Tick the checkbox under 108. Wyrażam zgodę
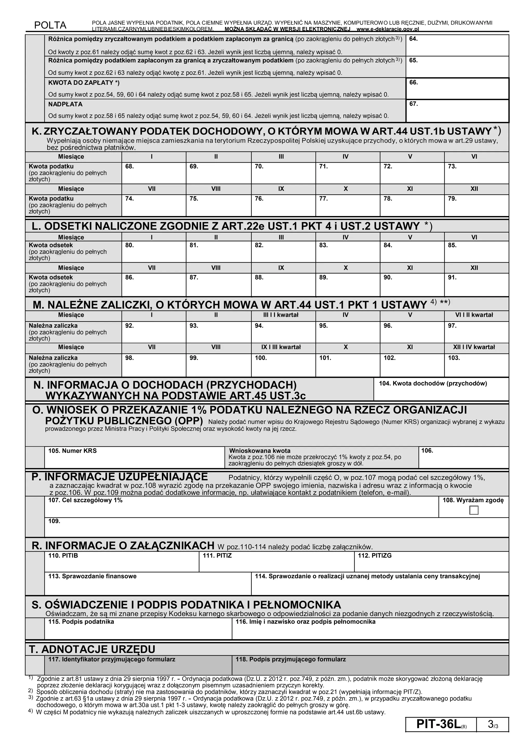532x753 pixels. point(474,510)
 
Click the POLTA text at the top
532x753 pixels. point(50,25)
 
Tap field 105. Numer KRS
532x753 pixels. point(134,460)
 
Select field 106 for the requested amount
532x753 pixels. point(463,460)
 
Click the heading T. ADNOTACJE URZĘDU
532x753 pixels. point(92,649)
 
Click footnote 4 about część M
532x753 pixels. point(210,712)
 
